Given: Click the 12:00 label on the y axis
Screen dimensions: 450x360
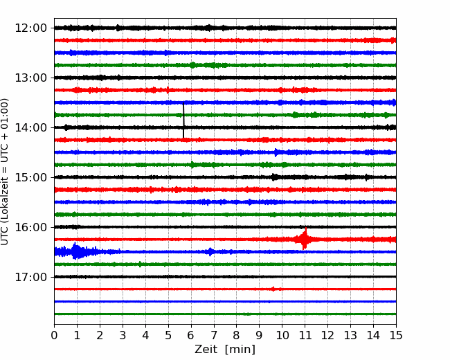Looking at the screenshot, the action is pyautogui.click(x=30, y=28).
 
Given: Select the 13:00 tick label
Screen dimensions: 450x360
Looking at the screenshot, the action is pyautogui.click(x=30, y=78).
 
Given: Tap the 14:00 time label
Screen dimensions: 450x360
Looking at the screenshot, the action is pyautogui.click(x=30, y=127).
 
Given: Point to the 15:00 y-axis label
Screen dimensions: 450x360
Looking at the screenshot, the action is pyautogui.click(x=30, y=177).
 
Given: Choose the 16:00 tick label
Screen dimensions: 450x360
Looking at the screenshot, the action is pyautogui.click(x=30, y=227).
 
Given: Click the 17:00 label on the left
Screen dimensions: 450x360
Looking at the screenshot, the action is pyautogui.click(x=30, y=277).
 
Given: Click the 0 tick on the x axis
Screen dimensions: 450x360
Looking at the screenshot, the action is pyautogui.click(x=54, y=335).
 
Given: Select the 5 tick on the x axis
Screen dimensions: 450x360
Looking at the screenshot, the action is pyautogui.click(x=168, y=335).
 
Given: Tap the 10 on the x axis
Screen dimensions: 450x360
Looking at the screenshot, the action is pyautogui.click(x=282, y=335).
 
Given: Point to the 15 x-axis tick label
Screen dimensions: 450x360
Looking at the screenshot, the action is pyautogui.click(x=396, y=335).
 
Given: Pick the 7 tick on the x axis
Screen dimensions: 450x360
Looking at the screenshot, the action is pyautogui.click(x=214, y=335).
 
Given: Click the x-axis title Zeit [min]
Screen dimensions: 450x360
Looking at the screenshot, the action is pyautogui.click(x=225, y=350).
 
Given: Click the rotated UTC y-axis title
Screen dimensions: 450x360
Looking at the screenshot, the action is pyautogui.click(x=5, y=172).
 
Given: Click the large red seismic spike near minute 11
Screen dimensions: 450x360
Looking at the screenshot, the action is pyautogui.click(x=305, y=239).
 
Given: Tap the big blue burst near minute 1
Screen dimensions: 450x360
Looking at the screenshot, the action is pyautogui.click(x=76, y=251).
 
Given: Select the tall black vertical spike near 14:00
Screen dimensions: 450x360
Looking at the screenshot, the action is pyautogui.click(x=183, y=120).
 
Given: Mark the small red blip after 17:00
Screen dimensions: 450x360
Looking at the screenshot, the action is pyautogui.click(x=273, y=289).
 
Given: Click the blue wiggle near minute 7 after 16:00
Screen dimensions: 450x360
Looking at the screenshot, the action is pyautogui.click(x=211, y=252).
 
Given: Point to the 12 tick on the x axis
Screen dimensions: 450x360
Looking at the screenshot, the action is pyautogui.click(x=327, y=335).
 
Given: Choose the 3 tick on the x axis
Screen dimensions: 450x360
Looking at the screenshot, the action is pyautogui.click(x=123, y=335).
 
